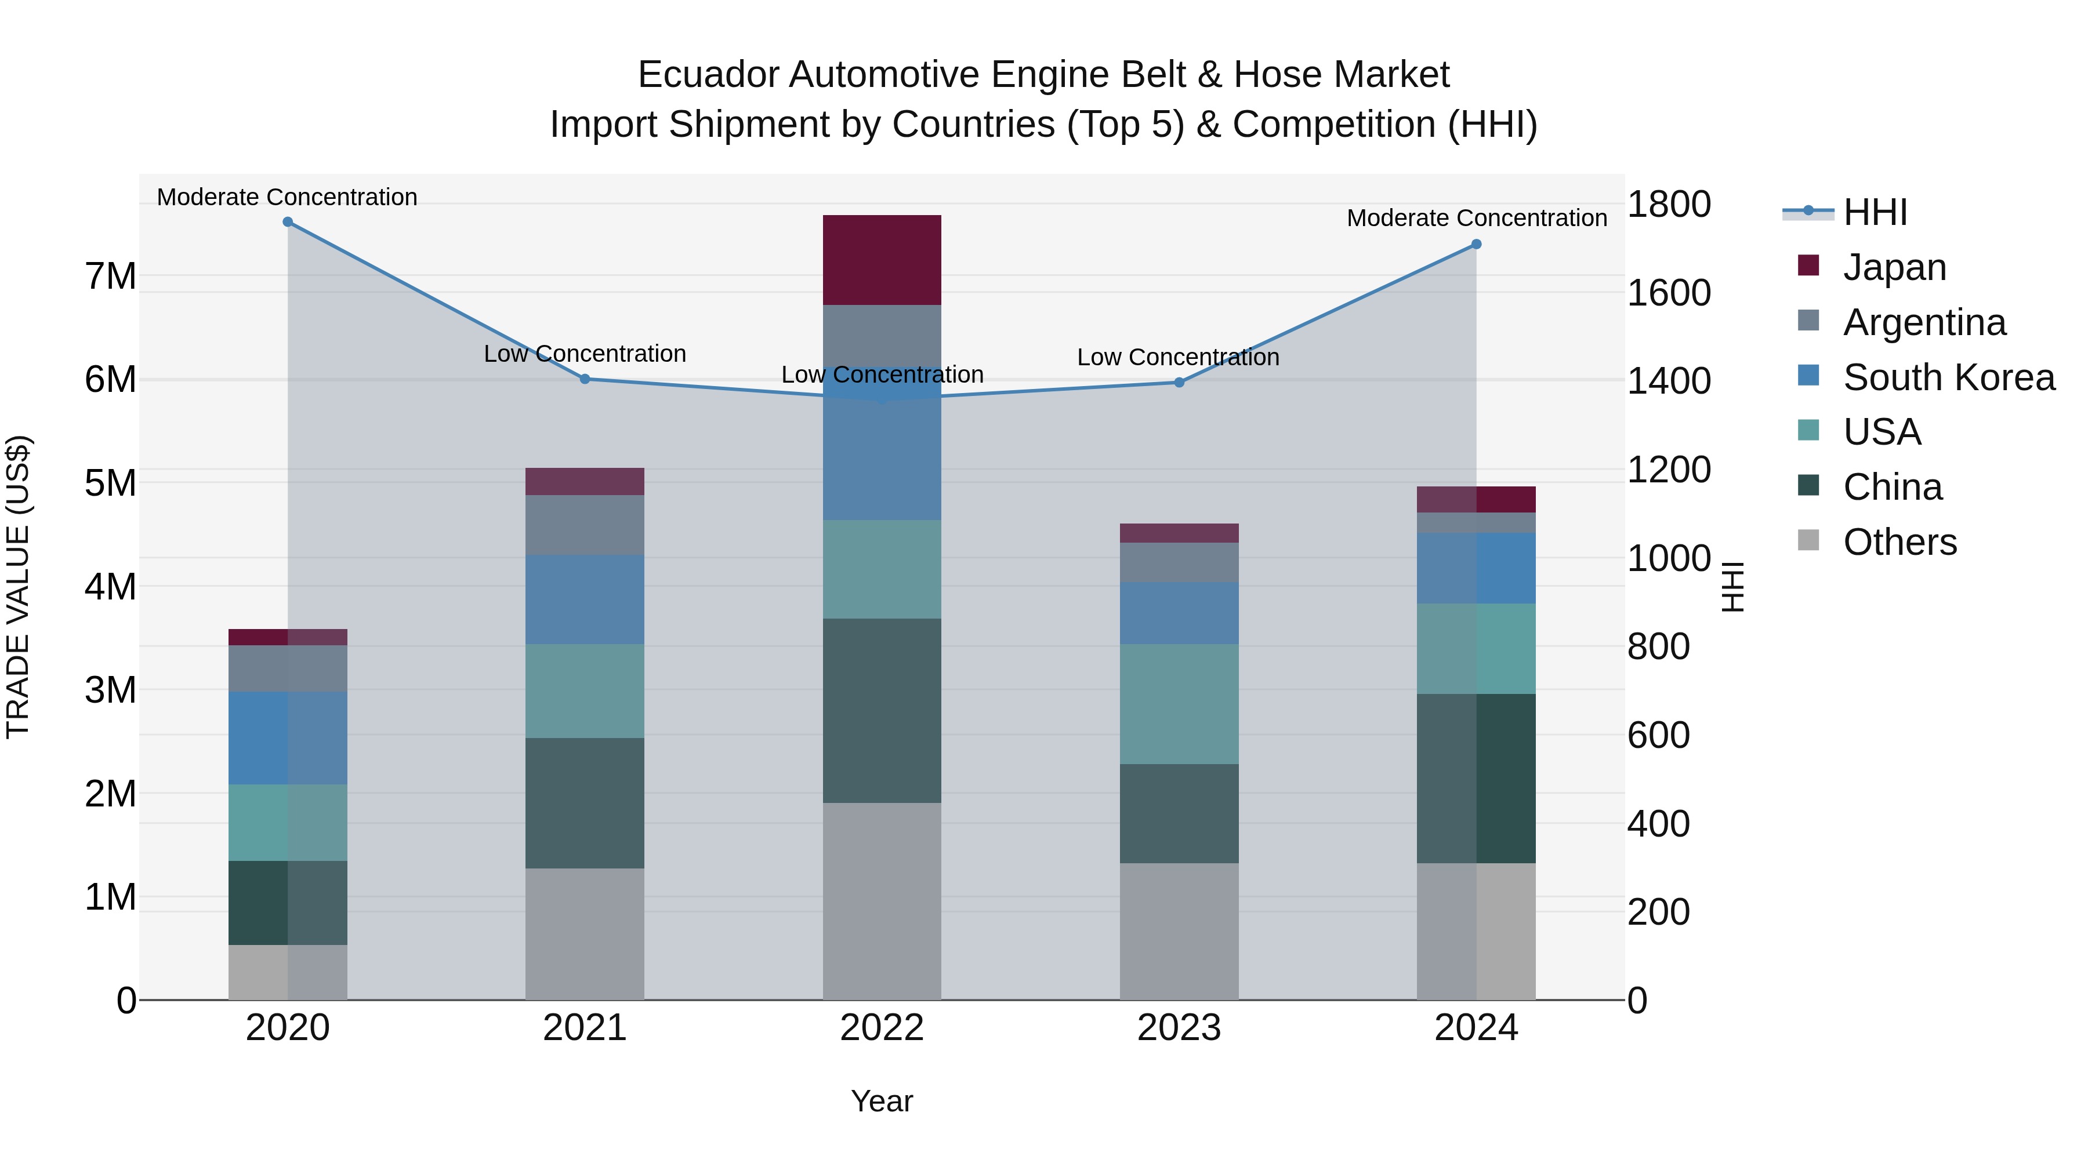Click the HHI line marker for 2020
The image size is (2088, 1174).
click(288, 222)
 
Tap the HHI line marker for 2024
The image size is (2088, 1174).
click(1476, 244)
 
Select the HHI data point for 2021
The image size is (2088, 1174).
click(585, 379)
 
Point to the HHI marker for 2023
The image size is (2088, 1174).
click(1179, 383)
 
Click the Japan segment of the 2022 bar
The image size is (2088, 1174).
click(882, 260)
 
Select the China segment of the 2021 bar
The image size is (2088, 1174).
click(585, 803)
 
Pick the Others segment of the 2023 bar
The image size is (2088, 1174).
click(1179, 931)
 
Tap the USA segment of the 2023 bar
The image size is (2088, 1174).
click(1179, 704)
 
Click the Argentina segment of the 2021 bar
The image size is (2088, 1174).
click(585, 525)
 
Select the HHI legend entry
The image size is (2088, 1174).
click(1874, 212)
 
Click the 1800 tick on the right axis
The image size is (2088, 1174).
click(1669, 204)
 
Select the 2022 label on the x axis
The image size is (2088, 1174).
click(882, 1028)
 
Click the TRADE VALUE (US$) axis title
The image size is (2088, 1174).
click(18, 587)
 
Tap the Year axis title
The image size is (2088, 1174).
click(882, 1101)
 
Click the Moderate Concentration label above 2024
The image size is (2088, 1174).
click(1476, 218)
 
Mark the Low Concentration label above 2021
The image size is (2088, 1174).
click(585, 354)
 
